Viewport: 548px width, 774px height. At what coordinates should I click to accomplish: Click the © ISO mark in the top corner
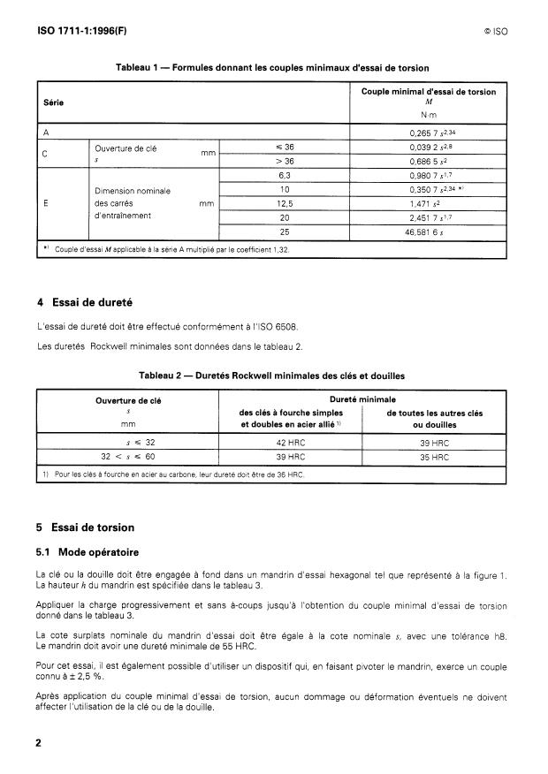495,30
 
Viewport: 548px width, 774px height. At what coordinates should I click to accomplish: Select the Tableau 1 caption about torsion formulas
273,68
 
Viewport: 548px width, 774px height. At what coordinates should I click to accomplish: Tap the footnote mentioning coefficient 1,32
168,250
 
